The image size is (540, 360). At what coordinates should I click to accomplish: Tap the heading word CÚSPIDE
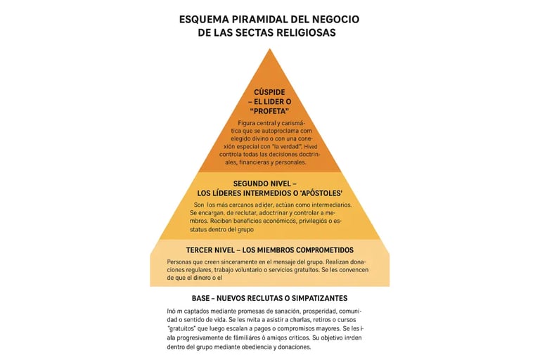pos(271,92)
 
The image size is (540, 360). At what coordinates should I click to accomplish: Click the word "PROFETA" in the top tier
pos(271,112)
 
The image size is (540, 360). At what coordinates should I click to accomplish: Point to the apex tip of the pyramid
pos(270,49)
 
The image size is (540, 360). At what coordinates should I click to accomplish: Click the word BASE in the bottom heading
pos(202,298)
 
